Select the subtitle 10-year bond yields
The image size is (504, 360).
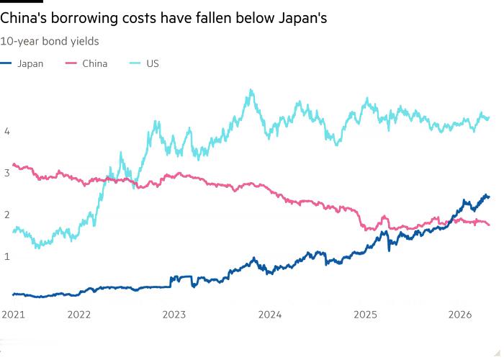click(x=50, y=41)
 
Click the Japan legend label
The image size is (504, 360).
click(x=30, y=63)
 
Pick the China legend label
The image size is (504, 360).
click(x=94, y=63)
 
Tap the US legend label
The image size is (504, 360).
click(x=153, y=63)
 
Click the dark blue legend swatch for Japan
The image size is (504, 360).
click(x=6, y=63)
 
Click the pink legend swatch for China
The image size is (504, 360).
click(x=71, y=63)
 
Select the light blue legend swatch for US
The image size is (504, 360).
click(x=134, y=63)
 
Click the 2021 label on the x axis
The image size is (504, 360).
click(x=13, y=314)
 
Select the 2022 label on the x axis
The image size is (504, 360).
click(x=79, y=314)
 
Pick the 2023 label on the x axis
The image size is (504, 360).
click(x=174, y=314)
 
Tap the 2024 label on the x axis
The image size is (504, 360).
click(x=269, y=314)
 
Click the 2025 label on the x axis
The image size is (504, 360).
click(x=365, y=314)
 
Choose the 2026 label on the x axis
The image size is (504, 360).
click(x=460, y=314)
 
